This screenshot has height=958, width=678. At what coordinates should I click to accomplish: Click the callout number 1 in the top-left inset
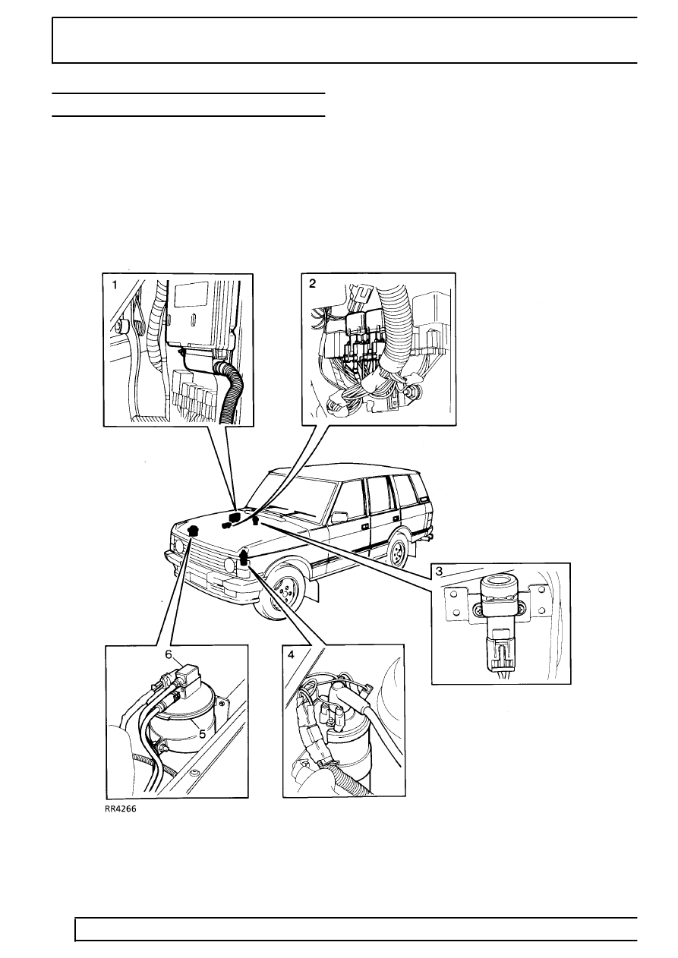(115, 285)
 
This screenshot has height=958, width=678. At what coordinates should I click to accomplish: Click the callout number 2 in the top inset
(312, 283)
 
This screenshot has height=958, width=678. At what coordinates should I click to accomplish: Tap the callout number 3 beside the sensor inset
(440, 571)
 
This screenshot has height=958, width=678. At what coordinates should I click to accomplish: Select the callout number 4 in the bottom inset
(292, 654)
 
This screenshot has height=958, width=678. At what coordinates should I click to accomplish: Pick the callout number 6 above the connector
(169, 653)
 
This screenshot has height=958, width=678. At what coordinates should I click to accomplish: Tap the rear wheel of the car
(398, 553)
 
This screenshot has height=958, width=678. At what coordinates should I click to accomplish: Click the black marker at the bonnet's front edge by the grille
(193, 531)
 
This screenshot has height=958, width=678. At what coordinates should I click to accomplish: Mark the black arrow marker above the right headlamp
(244, 559)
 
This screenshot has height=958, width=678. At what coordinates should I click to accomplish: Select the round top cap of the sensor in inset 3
(498, 585)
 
